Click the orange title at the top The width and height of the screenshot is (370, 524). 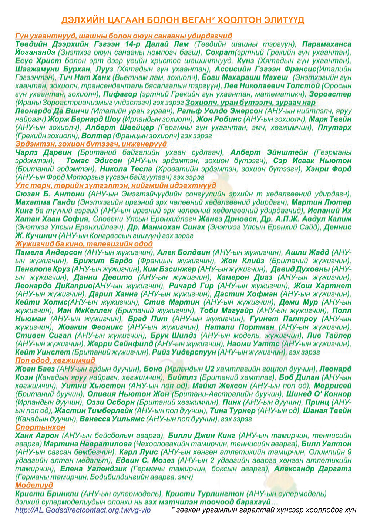click(183, 20)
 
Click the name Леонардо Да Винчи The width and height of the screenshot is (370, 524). click(52, 111)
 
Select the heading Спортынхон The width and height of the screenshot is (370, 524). click(40, 427)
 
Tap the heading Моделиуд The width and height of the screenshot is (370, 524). click(34, 485)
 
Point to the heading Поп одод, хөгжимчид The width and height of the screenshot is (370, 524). click(55, 360)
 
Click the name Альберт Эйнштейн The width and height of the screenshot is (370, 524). click(269, 152)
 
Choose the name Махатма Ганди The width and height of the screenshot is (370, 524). click(44, 202)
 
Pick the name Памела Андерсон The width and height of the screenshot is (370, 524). click(49, 252)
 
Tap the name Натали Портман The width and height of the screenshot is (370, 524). click(239, 327)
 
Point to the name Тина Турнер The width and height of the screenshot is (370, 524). click(232, 410)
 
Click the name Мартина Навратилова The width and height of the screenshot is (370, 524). click(88, 444)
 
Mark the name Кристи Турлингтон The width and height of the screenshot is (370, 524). click(205, 494)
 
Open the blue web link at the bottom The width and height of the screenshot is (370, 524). click(83, 510)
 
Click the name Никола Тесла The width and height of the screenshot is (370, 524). click(126, 169)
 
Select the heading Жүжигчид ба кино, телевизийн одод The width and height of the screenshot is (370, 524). click(84, 244)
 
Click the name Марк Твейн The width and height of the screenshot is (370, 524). click(330, 119)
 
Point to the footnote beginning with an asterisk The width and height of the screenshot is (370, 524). click(264, 510)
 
